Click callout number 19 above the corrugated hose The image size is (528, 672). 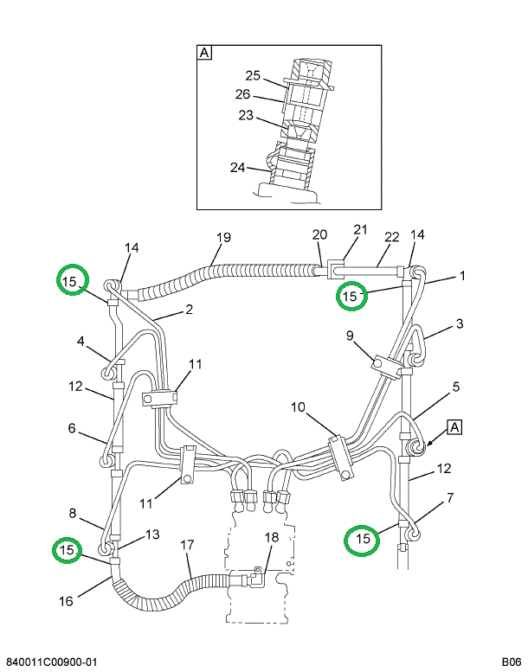click(223, 238)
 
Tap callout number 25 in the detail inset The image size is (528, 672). click(252, 75)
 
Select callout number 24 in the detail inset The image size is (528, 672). click(238, 168)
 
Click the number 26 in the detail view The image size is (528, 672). click(243, 93)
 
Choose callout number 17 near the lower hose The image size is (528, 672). click(187, 545)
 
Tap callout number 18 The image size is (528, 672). click(271, 537)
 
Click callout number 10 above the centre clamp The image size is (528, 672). click(299, 406)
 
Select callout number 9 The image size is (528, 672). click(350, 336)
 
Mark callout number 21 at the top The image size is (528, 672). click(360, 230)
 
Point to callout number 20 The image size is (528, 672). click(319, 234)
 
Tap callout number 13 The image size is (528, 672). click(151, 534)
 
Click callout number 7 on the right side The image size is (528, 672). click(450, 498)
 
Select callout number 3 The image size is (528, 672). click(460, 324)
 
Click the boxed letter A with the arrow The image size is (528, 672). click(454, 426)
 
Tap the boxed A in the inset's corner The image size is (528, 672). click(205, 54)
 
